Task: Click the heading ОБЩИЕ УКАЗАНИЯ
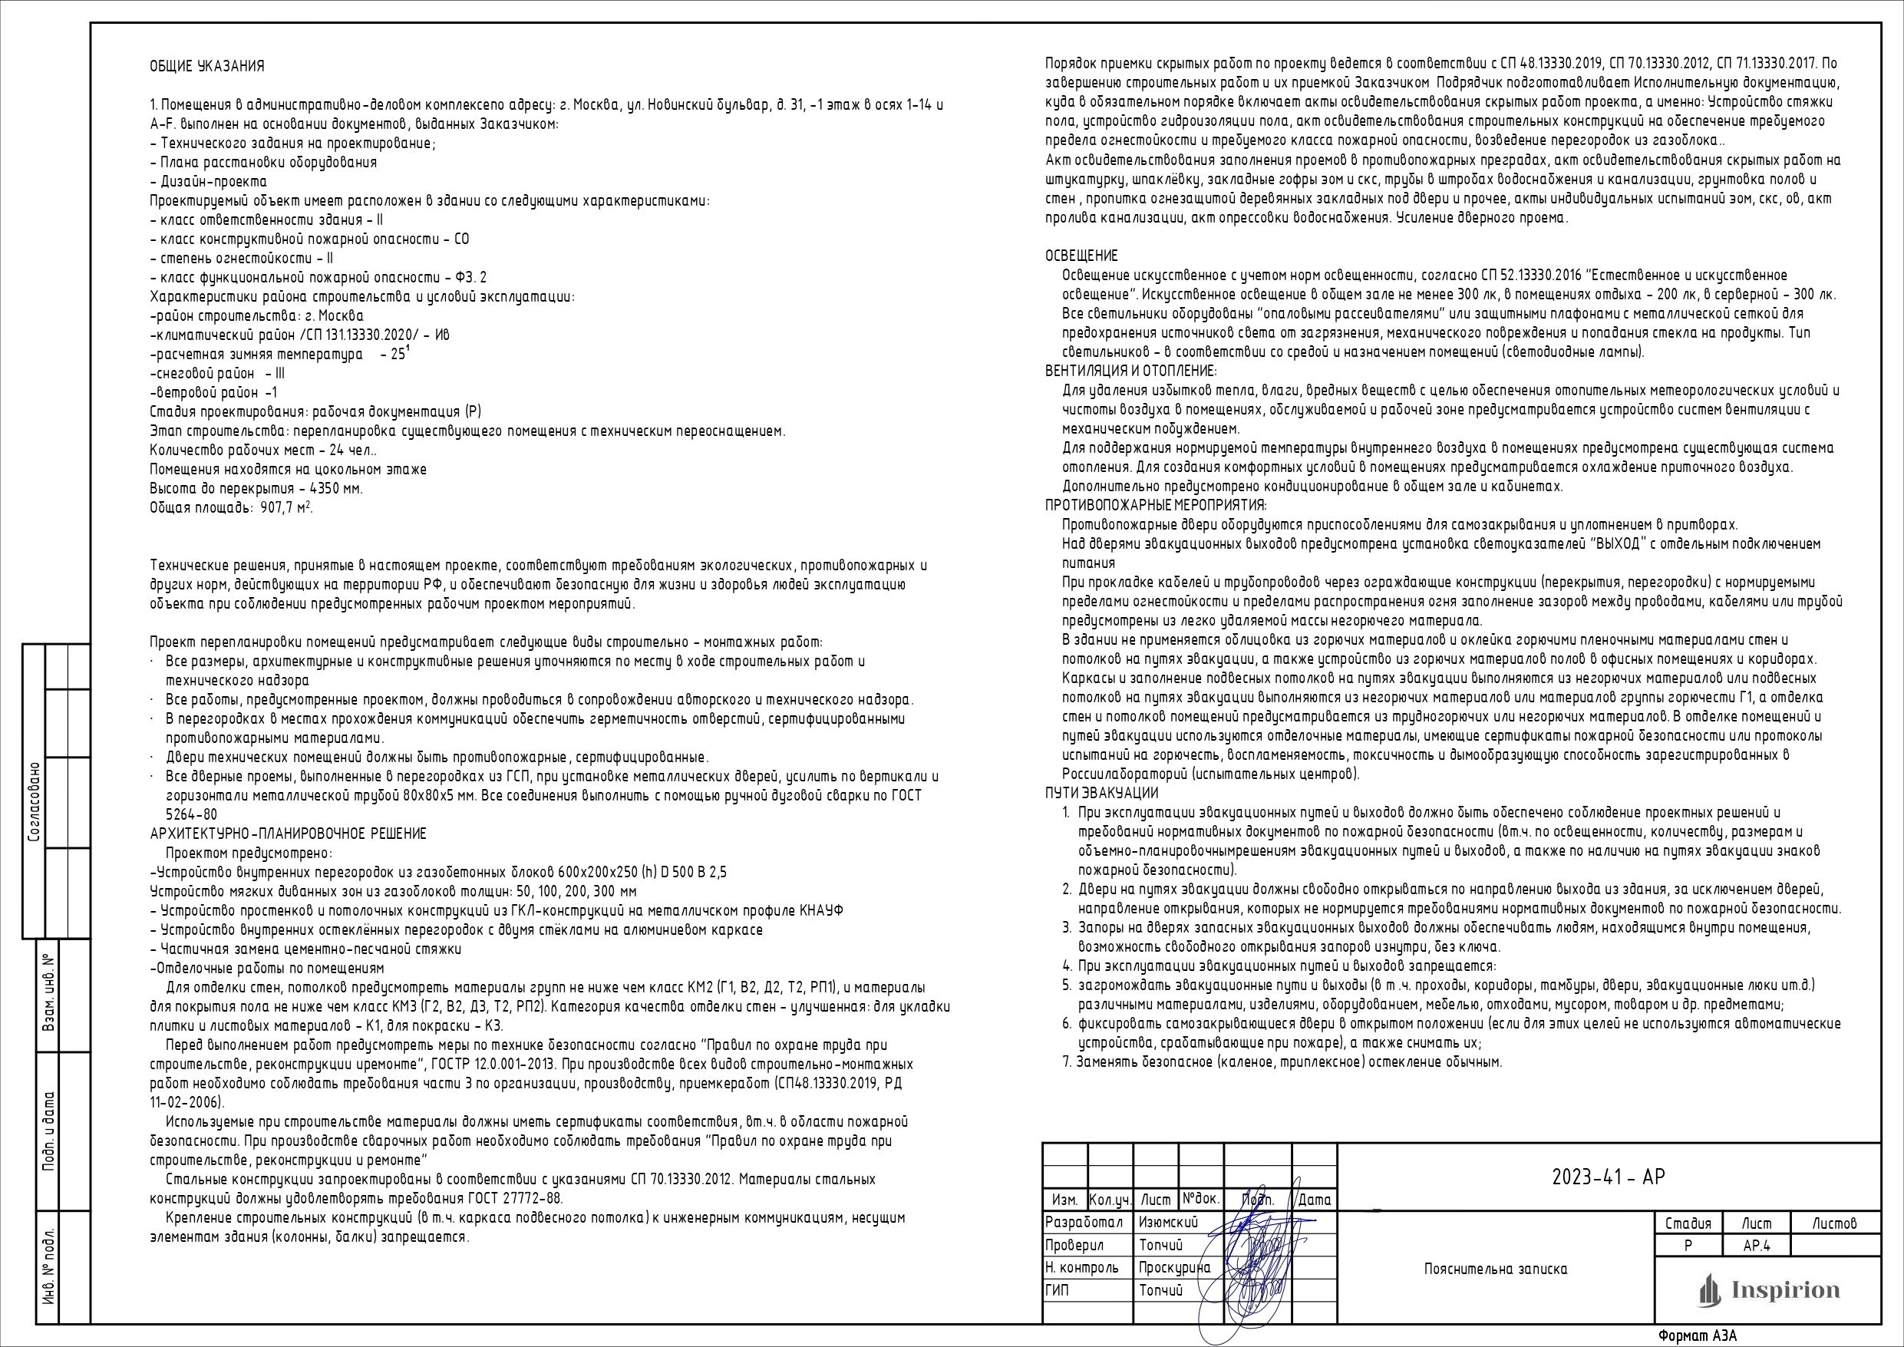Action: (x=207, y=66)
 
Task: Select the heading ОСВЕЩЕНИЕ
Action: (x=1081, y=256)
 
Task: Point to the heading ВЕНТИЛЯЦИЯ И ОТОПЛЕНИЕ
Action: (x=1130, y=371)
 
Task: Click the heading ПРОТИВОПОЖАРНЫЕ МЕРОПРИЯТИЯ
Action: (x=1156, y=505)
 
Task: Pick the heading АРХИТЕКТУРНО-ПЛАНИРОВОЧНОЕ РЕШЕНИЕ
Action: (x=288, y=834)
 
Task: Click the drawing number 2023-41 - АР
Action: (x=1608, y=1177)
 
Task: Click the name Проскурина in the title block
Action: (x=1174, y=1267)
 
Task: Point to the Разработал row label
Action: (x=1084, y=1223)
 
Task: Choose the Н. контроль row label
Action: (x=1082, y=1267)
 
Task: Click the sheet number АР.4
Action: (x=1757, y=1246)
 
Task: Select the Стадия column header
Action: (x=1688, y=1223)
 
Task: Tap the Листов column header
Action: (x=1834, y=1223)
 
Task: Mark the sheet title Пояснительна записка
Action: (x=1495, y=1269)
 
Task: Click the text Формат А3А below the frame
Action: (x=1697, y=1335)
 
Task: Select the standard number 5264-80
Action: (x=192, y=814)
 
